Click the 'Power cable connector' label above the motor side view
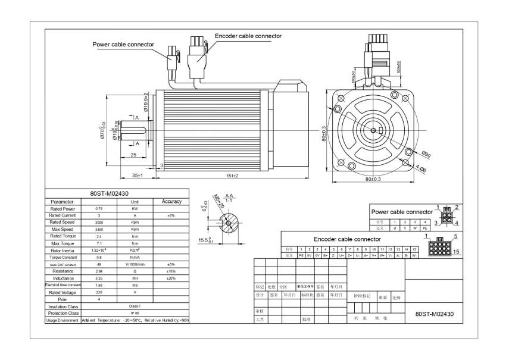pyautogui.click(x=123, y=44)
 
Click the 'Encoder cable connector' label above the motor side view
pyautogui.click(x=248, y=36)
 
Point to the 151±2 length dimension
pyautogui.click(x=232, y=176)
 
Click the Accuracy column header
pyautogui.click(x=171, y=202)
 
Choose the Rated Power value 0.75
pyautogui.click(x=99, y=209)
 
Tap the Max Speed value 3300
pyautogui.click(x=99, y=229)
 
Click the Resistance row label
pyautogui.click(x=63, y=271)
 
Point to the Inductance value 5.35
pyautogui.click(x=99, y=278)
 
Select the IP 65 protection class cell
pyautogui.click(x=135, y=313)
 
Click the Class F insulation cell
pyautogui.click(x=135, y=306)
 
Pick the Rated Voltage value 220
pyautogui.click(x=99, y=292)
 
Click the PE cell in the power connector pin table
pyautogui.click(x=424, y=228)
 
